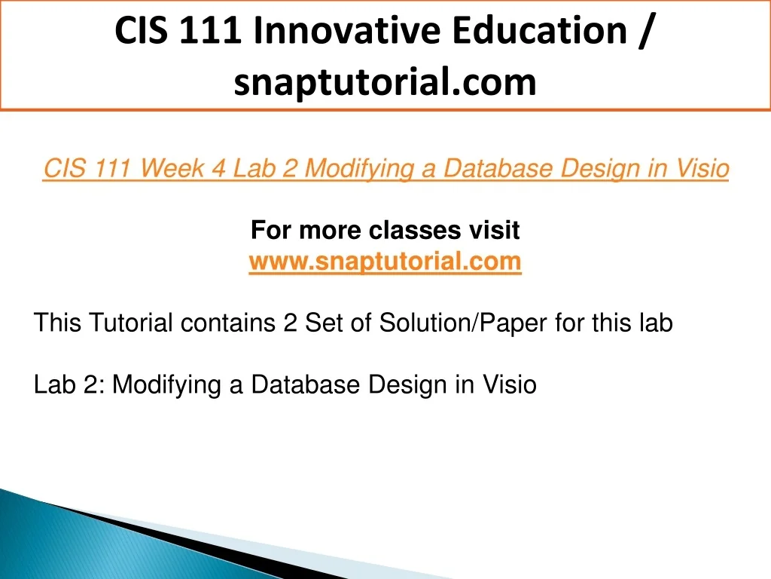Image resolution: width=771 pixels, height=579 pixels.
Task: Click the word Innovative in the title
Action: (348, 30)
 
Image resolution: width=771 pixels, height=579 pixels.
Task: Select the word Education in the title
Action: (540, 30)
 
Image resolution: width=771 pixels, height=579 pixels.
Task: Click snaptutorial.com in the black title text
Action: (385, 82)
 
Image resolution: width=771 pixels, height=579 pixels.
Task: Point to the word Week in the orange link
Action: (172, 168)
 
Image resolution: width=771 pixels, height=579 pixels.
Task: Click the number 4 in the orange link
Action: (218, 169)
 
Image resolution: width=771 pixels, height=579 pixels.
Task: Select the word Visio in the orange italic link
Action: (702, 168)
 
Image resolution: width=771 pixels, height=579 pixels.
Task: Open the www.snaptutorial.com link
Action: (385, 261)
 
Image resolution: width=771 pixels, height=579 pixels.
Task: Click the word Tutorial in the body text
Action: (131, 323)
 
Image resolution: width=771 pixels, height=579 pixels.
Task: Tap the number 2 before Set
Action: (290, 323)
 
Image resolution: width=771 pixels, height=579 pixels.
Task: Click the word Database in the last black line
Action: (306, 384)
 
